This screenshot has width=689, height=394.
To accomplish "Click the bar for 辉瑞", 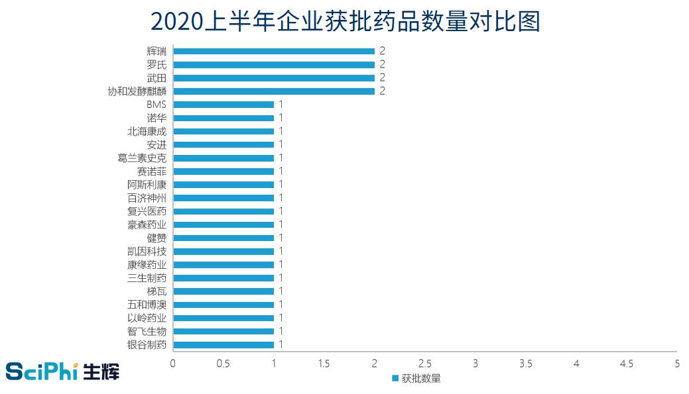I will (273, 51).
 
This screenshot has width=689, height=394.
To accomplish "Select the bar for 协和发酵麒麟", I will (273, 91).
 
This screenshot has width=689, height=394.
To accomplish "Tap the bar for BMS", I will (223, 105).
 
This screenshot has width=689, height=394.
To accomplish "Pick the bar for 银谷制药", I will (223, 344).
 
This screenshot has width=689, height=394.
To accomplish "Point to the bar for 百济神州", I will (223, 198).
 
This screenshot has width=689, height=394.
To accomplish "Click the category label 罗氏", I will (157, 64).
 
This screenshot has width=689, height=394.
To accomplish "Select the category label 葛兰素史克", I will (141, 158).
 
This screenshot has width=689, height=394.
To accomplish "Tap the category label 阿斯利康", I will (147, 184).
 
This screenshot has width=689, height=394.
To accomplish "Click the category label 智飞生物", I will (147, 331).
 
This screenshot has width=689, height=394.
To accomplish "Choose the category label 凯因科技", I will (147, 251).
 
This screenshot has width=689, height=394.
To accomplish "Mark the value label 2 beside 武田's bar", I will (383, 77).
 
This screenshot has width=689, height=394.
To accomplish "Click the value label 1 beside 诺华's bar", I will (281, 118).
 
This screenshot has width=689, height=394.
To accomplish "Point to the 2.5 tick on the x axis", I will (425, 364).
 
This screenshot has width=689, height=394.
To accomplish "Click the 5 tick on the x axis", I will (677, 364).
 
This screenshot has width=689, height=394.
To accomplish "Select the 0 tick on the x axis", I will (173, 364).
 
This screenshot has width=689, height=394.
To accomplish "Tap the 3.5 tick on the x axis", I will (526, 364).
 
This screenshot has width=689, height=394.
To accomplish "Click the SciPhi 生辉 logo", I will (62, 371).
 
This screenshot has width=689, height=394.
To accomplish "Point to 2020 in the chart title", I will (175, 22).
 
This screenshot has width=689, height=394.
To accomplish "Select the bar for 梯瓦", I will (223, 291).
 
